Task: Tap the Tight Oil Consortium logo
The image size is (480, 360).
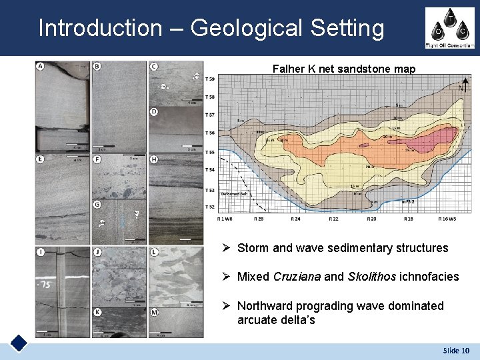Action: coord(449,28)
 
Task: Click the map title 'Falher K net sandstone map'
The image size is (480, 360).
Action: coord(344,69)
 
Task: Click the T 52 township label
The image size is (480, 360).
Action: coord(210,207)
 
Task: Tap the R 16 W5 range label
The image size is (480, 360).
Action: coord(451,218)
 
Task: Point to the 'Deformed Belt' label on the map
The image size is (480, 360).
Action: coord(234,193)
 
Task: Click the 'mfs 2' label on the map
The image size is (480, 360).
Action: coord(409,201)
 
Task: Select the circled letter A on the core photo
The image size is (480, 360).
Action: coord(41,66)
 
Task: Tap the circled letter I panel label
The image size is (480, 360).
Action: coord(41,252)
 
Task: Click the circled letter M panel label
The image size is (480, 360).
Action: coord(154,312)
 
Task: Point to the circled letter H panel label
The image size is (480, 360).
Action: coord(154,160)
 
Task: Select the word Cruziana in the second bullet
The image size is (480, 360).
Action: coord(311,277)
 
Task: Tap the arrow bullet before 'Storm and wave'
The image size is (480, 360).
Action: coord(227,248)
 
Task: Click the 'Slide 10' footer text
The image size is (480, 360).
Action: coord(456,351)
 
